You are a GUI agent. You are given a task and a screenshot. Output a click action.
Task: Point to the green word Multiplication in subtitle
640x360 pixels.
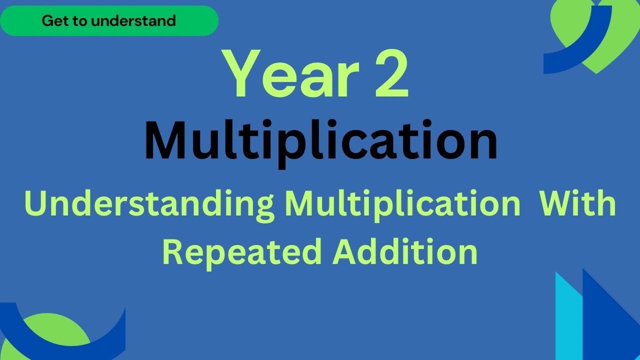[402, 205]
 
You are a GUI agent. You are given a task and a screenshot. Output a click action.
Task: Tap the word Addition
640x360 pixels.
[405, 251]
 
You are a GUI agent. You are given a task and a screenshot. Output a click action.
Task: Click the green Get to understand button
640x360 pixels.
[109, 21]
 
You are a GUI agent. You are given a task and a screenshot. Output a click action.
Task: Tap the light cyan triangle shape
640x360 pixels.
[568, 320]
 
